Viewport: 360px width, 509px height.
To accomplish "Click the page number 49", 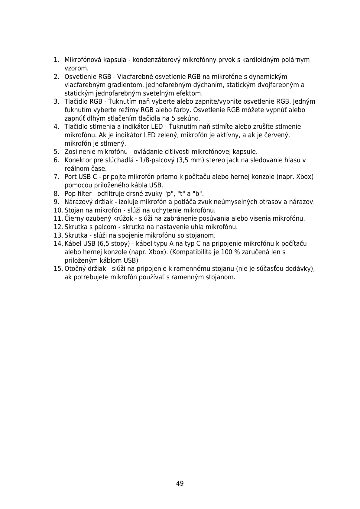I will click(180, 483).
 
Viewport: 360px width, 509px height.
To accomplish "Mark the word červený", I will click(277, 135).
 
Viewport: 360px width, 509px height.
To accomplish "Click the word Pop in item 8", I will click(70, 194).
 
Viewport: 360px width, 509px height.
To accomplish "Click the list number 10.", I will click(58, 210).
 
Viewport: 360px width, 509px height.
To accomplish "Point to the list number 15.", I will click(58, 269).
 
